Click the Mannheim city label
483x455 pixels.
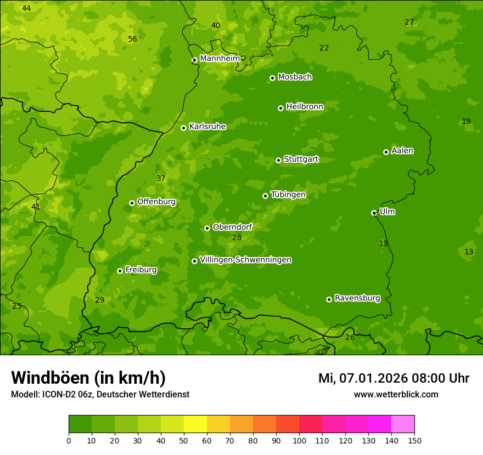[220, 59]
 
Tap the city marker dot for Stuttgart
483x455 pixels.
[279, 160]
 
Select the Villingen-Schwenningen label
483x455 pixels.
[245, 260]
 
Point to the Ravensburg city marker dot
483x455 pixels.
[329, 299]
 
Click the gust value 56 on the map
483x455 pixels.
[132, 39]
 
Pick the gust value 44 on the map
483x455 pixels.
[26, 8]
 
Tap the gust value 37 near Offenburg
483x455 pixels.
[161, 178]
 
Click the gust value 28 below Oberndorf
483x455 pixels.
[237, 237]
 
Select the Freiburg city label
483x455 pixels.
[141, 270]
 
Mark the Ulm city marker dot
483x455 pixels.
[374, 213]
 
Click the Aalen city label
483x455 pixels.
[402, 151]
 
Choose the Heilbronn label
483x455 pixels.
[305, 107]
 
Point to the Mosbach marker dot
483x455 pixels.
[272, 78]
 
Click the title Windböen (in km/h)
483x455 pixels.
[88, 378]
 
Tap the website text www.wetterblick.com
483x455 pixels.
[396, 394]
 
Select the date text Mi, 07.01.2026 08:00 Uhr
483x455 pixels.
[394, 378]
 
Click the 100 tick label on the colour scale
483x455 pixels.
[299, 440]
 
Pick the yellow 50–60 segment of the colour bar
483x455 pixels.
[195, 424]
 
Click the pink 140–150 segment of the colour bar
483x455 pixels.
[403, 424]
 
